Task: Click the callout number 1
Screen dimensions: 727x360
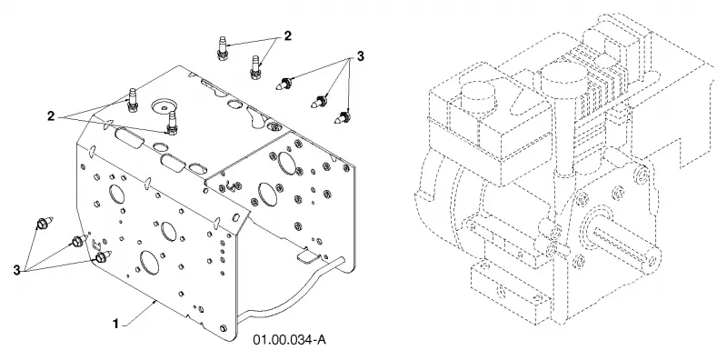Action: pyautogui.click(x=116, y=324)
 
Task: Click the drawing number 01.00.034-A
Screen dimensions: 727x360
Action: pyautogui.click(x=289, y=340)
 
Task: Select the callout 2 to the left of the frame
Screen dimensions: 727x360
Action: pyautogui.click(x=52, y=116)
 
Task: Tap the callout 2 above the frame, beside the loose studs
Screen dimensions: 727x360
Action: pyautogui.click(x=287, y=35)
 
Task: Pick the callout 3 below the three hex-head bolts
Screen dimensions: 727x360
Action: pyautogui.click(x=16, y=270)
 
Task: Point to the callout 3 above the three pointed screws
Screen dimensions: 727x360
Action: pyautogui.click(x=360, y=56)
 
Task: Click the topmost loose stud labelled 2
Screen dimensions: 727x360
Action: pyautogui.click(x=222, y=48)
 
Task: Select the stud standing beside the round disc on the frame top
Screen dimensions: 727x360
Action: pyautogui.click(x=172, y=123)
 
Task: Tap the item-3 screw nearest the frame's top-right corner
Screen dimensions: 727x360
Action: pyautogui.click(x=343, y=117)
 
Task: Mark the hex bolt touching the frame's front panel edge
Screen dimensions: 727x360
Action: pyautogui.click(x=103, y=257)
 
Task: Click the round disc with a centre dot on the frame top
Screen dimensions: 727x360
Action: pyautogui.click(x=163, y=106)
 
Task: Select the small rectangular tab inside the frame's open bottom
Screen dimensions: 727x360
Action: pyautogui.click(x=306, y=256)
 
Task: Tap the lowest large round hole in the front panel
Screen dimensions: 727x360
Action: pyautogui.click(x=149, y=262)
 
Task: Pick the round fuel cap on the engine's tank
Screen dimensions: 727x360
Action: pyautogui.click(x=477, y=100)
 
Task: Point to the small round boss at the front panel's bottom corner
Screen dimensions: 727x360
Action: pyautogui.click(x=224, y=328)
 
